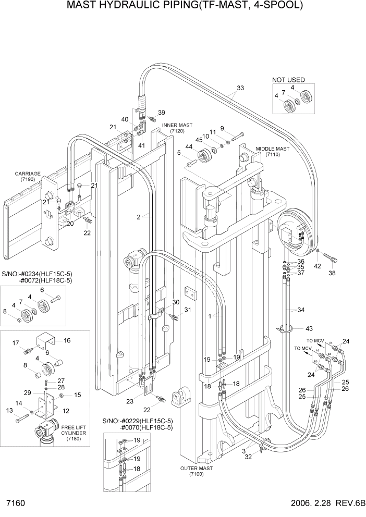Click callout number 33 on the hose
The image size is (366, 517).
click(240, 88)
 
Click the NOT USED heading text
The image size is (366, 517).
click(288, 80)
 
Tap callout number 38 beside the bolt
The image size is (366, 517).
click(332, 273)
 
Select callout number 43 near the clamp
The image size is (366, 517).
click(309, 328)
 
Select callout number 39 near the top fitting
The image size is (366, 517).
click(161, 113)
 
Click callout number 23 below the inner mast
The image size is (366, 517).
click(129, 401)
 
